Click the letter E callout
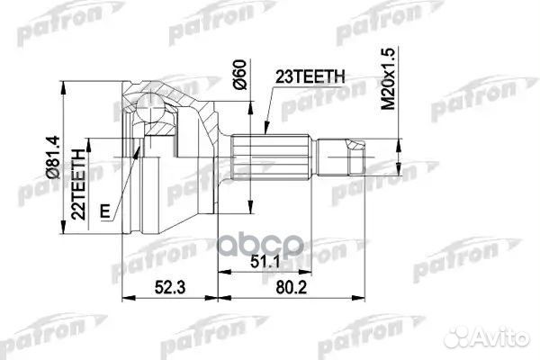point(106,212)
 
